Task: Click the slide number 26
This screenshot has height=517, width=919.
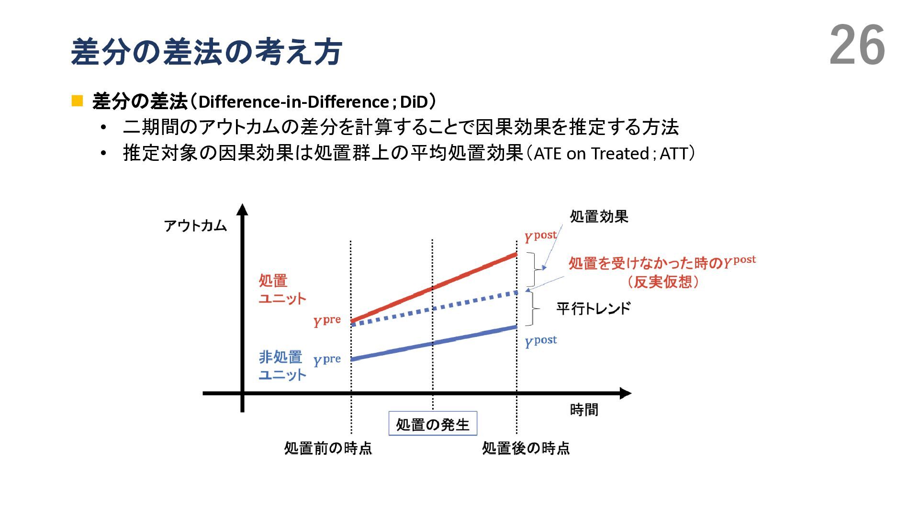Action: coord(857,45)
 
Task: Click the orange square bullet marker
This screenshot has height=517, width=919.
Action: coord(77,101)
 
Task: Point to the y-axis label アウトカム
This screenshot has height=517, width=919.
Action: coord(195,225)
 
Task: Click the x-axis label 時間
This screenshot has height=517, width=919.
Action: coord(584,410)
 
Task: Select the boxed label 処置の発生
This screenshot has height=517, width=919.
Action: coord(433,424)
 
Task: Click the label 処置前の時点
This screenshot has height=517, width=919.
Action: coord(328,448)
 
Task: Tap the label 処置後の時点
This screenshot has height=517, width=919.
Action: coord(526,448)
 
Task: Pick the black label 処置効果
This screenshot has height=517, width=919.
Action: coord(599,217)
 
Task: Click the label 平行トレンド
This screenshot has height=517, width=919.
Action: coord(594,308)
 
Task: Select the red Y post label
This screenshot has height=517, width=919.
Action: coord(540,236)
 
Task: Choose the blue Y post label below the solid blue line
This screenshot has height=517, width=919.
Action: coord(540,341)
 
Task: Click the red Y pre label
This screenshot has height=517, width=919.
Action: coord(327,321)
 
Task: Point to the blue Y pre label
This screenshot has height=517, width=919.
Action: coord(327,360)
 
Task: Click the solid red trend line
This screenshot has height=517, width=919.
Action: coord(433,287)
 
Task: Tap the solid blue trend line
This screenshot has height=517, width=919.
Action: coord(433,343)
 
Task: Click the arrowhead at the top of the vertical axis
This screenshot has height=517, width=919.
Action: coord(242,210)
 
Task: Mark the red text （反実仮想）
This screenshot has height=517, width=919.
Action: coord(662,281)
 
